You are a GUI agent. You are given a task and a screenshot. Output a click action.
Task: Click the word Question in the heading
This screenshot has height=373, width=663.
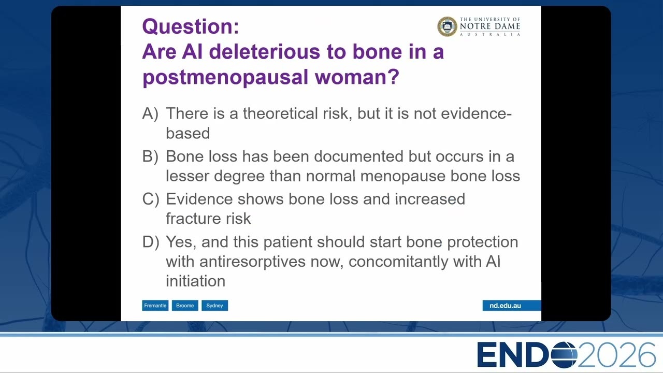[x=188, y=26]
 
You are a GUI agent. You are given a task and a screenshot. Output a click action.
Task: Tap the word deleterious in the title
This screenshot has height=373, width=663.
[x=265, y=51]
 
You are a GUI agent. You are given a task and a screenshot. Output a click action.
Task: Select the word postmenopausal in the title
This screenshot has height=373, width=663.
[x=225, y=78]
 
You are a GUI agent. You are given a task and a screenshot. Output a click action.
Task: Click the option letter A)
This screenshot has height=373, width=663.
[x=150, y=113]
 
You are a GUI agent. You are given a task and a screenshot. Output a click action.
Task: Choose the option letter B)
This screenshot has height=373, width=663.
[x=150, y=156]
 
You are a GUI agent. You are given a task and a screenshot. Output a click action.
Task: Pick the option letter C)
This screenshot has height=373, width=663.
[x=150, y=199]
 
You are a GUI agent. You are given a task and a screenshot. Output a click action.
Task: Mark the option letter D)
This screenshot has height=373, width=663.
[x=150, y=242]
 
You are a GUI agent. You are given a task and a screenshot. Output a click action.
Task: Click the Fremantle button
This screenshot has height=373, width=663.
[x=155, y=306]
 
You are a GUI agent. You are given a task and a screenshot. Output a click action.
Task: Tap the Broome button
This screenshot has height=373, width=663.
[x=185, y=306]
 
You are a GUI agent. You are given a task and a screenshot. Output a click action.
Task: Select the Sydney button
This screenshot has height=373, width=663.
[x=214, y=306]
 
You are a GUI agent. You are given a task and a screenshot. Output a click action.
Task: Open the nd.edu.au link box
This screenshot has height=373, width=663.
[x=511, y=306]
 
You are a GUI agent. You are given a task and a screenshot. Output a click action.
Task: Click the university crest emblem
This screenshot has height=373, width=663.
[x=447, y=26]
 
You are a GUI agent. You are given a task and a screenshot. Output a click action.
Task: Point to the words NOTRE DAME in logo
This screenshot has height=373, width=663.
[x=490, y=26]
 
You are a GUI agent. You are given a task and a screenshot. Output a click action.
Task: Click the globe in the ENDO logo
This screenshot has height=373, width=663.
[x=564, y=355]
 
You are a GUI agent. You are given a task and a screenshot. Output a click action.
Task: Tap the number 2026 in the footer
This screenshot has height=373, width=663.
[x=616, y=355]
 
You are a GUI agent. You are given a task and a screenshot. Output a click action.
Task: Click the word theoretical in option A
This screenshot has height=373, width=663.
[x=280, y=113]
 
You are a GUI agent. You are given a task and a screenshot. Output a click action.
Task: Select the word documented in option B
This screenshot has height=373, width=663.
[x=358, y=156]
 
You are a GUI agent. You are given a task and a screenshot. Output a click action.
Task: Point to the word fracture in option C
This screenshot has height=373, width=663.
[x=193, y=219]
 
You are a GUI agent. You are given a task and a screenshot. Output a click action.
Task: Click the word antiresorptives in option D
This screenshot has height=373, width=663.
[x=252, y=262]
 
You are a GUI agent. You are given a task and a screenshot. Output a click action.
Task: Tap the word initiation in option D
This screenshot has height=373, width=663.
[x=195, y=281]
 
